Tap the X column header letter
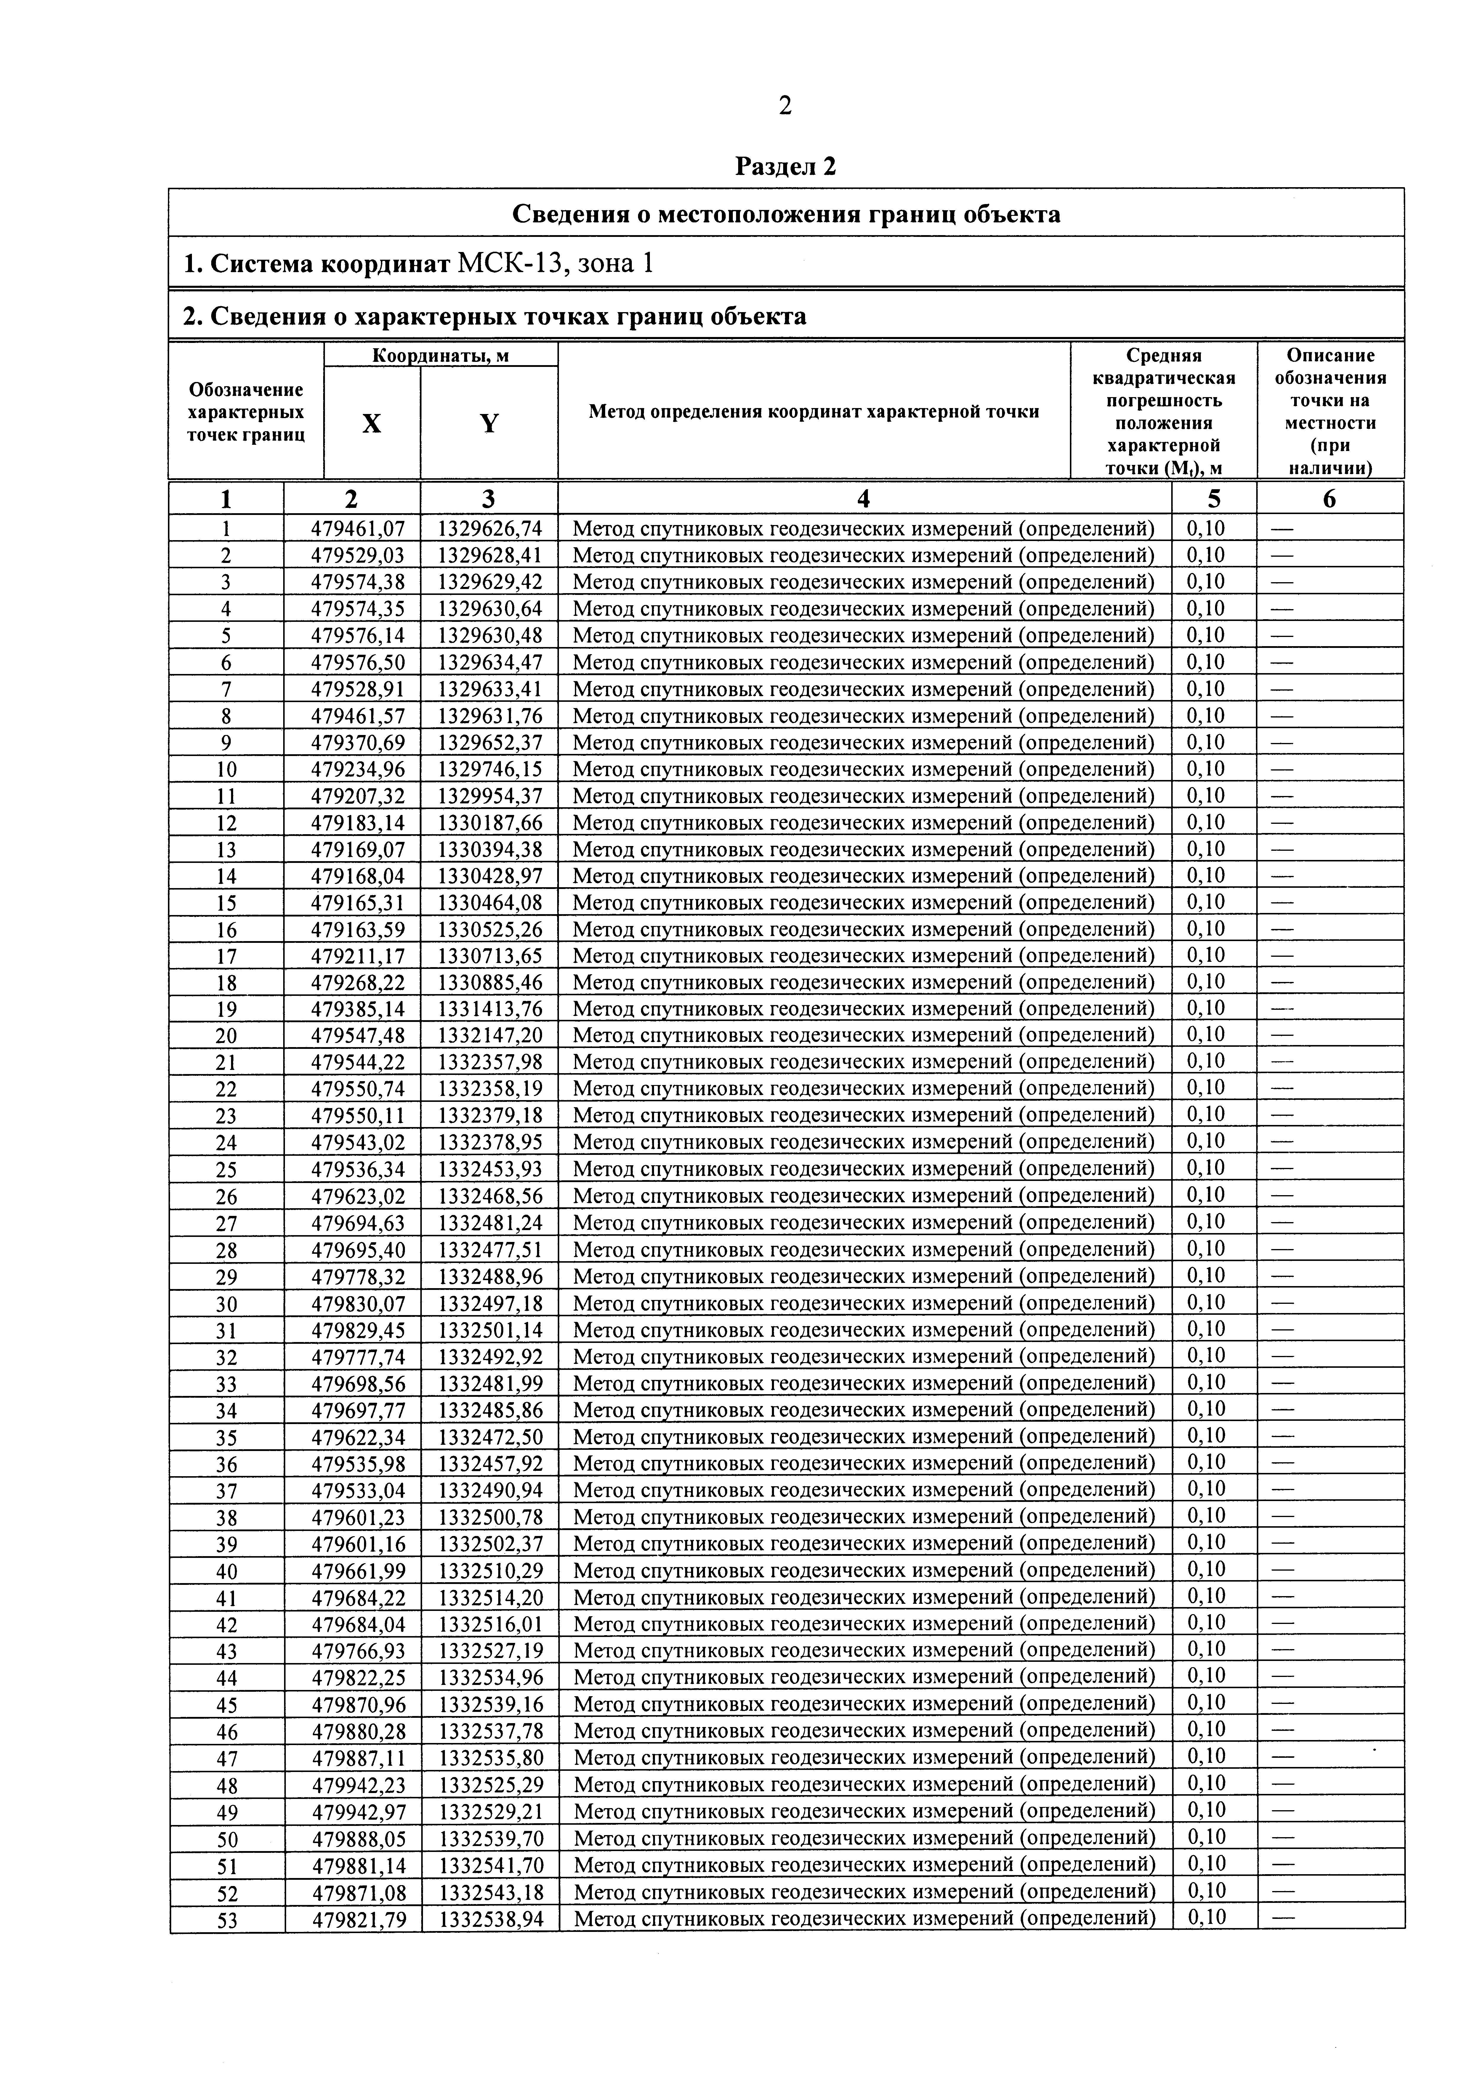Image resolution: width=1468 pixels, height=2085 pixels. (371, 423)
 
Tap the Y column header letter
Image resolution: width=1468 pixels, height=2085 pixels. (489, 423)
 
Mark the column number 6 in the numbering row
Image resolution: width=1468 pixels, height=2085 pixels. (1329, 499)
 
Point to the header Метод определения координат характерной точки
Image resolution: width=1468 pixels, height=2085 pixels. (814, 411)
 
